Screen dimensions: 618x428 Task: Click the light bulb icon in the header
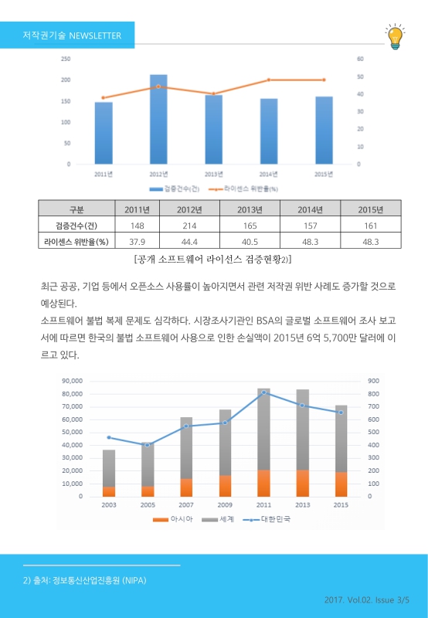[x=395, y=36]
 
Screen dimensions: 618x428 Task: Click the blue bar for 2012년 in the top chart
[x=158, y=120]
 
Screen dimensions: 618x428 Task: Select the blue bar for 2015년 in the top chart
[x=324, y=131]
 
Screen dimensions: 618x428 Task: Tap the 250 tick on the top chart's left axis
[x=66, y=59]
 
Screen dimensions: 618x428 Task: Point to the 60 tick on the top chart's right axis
[x=359, y=59]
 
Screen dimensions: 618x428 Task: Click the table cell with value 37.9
[x=137, y=241]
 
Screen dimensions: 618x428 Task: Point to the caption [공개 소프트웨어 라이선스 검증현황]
[x=212, y=258]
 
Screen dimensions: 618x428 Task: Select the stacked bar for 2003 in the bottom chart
[x=109, y=473]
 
